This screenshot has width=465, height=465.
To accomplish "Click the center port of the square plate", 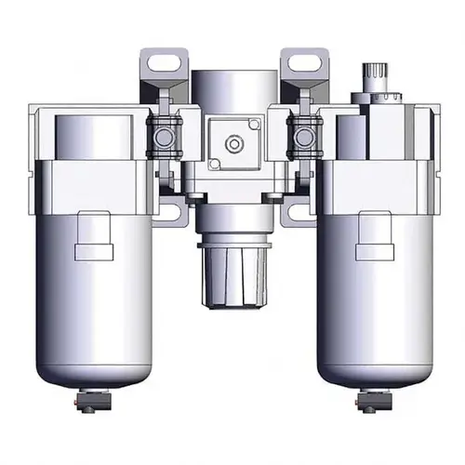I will pyautogui.click(x=232, y=143).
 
